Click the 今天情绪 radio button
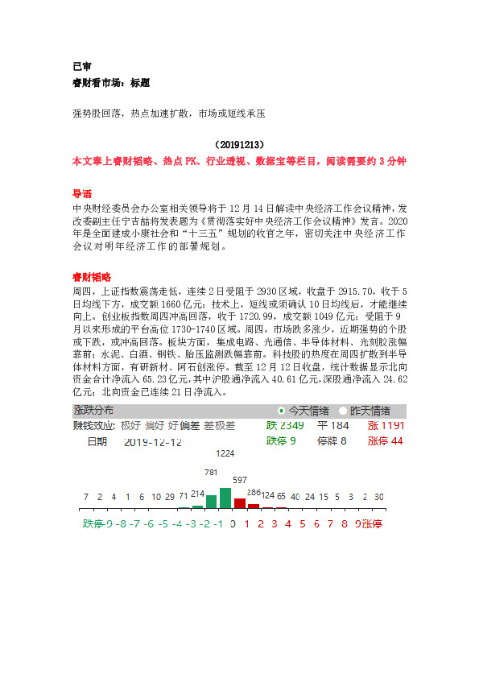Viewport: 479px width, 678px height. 281,411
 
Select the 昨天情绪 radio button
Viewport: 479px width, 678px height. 343,411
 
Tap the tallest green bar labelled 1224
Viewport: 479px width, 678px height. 225,498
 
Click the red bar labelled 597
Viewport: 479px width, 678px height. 239,503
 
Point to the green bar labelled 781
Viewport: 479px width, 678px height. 212,502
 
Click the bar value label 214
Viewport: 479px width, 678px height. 198,492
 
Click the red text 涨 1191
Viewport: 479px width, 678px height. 386,425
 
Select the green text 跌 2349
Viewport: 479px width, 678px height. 285,425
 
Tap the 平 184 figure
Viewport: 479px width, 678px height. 333,425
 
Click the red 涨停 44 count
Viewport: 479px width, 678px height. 386,441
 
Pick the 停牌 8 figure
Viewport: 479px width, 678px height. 332,441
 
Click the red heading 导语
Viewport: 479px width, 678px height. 82,194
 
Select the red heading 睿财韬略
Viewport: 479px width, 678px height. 92,276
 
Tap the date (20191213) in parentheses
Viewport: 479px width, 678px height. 239,145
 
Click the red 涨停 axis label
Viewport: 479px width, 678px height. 372,524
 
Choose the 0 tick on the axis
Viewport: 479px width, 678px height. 233,524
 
